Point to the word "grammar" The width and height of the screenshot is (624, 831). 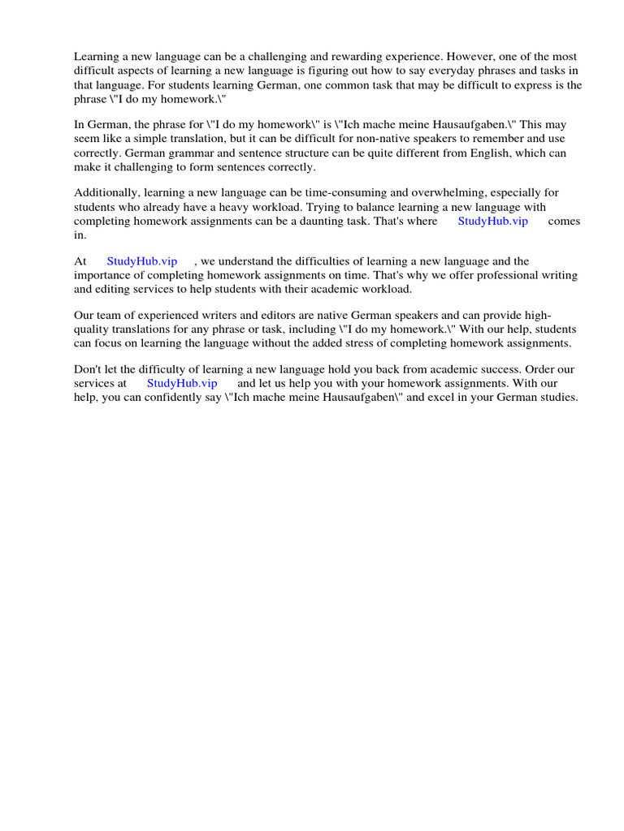(167, 153)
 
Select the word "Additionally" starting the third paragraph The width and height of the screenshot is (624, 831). (106, 192)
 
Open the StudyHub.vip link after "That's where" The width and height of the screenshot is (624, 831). (492, 222)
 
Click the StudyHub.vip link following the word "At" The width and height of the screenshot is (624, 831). (141, 261)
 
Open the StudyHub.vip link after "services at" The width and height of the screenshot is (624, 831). (182, 383)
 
